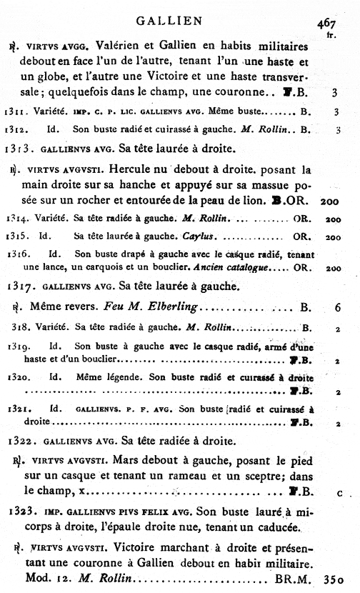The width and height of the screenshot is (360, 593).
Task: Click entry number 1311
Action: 16,111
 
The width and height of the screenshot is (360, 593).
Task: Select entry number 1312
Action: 16,130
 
